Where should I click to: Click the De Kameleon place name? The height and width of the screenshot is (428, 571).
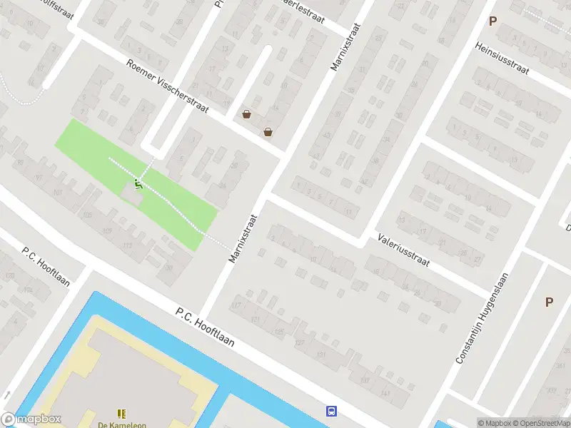tap(121, 424)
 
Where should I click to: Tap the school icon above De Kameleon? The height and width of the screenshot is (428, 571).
tap(121, 413)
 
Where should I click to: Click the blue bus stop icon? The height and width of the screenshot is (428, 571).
tap(331, 410)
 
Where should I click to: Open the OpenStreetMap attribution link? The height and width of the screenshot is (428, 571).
tap(542, 423)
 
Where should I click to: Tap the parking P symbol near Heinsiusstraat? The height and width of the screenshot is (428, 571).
tap(492, 21)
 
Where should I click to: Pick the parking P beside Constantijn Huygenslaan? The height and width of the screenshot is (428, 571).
tap(549, 302)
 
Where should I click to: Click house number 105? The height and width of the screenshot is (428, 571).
tap(88, 215)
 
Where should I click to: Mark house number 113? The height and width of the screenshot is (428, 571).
tap(128, 245)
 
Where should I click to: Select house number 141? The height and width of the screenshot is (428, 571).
tap(385, 393)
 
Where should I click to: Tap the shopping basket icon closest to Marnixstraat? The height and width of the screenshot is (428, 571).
tap(268, 131)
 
